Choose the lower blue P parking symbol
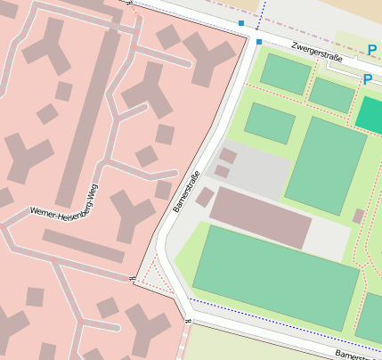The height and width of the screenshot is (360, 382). (367, 79)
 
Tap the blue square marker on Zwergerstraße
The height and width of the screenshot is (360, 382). (259, 42)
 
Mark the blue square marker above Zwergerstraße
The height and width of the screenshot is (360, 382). (240, 22)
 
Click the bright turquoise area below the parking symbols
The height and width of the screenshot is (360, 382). (370, 113)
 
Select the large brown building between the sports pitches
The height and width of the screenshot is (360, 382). (260, 217)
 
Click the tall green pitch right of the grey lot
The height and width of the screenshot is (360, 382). (325, 165)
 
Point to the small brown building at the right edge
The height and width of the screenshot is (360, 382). (358, 216)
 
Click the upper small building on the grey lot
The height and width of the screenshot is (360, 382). (228, 156)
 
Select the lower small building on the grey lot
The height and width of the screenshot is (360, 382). (222, 171)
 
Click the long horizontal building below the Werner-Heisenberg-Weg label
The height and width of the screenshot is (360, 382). (83, 247)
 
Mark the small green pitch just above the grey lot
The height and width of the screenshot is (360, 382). (269, 122)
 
